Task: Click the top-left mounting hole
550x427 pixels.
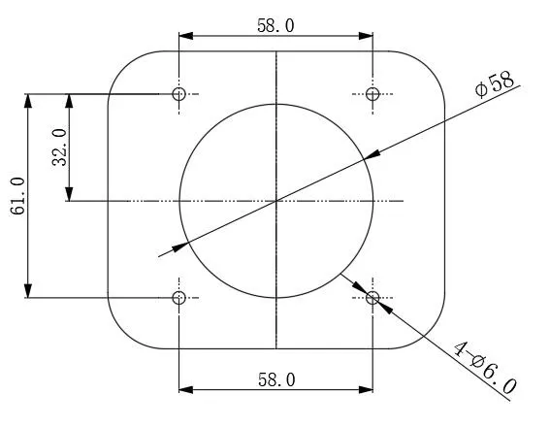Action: (x=178, y=94)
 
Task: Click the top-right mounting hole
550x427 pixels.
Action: (x=372, y=94)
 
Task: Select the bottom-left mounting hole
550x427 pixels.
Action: (x=178, y=297)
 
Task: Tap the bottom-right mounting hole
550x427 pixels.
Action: (x=372, y=297)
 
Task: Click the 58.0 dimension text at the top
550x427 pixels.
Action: (x=275, y=25)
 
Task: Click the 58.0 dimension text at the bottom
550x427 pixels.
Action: (x=275, y=379)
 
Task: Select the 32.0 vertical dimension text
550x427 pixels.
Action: (x=57, y=148)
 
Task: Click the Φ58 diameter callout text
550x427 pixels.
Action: (x=494, y=84)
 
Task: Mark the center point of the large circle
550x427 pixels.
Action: (x=276, y=201)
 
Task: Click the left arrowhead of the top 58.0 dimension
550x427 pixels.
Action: (x=185, y=36)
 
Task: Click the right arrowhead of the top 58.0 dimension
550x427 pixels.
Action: (x=367, y=36)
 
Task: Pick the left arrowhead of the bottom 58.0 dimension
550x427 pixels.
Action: (x=185, y=390)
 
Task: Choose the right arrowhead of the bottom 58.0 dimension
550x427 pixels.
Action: (x=367, y=390)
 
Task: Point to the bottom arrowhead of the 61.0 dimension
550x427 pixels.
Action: (x=29, y=290)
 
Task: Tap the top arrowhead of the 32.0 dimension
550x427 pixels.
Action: (x=68, y=101)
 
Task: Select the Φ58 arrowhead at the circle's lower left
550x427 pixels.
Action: (x=180, y=246)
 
